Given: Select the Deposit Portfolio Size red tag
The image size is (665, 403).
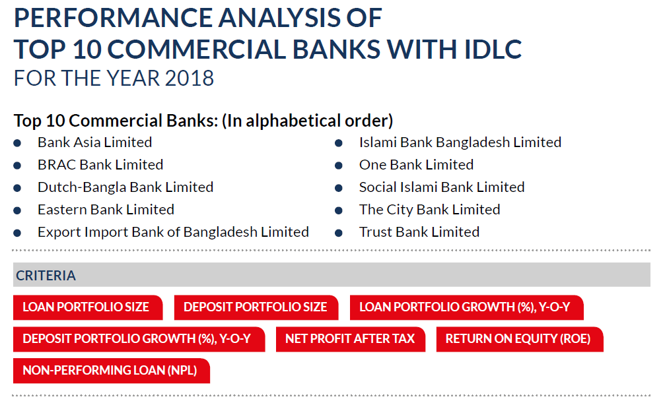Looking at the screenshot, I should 255,307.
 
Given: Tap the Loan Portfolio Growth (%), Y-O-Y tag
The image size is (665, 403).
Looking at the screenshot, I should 466,307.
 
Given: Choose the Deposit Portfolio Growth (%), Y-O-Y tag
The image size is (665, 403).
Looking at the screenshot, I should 137,339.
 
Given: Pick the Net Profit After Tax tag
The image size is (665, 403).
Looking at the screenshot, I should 350,339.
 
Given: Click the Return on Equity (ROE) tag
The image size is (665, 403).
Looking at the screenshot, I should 518,339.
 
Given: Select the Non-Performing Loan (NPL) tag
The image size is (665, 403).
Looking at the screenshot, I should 110,371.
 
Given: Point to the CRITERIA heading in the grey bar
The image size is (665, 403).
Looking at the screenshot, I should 46,276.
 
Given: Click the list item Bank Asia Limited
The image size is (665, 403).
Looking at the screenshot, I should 94,142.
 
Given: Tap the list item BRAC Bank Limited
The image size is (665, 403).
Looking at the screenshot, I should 100,165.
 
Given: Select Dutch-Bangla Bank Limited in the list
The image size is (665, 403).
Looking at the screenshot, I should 125,187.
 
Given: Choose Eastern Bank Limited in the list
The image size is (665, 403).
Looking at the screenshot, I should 106,210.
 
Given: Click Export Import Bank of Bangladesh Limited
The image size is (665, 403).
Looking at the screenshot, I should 173,232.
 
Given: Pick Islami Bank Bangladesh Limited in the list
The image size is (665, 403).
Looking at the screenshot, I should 460,142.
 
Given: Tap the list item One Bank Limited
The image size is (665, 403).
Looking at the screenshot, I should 416,165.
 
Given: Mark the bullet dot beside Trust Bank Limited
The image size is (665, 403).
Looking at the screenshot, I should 338,233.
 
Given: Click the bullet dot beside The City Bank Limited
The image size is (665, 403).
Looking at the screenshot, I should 338,210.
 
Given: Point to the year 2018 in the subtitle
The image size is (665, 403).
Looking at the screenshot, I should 190,78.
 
